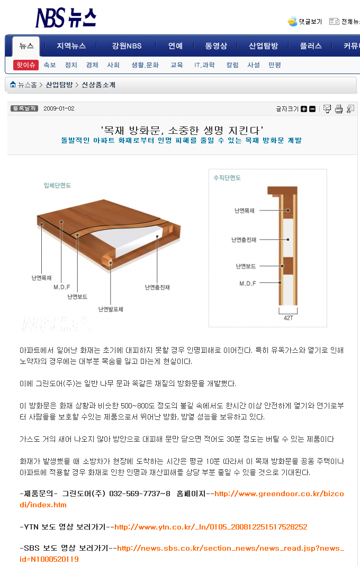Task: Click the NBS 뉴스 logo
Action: click(x=66, y=17)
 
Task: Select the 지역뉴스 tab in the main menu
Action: click(x=71, y=46)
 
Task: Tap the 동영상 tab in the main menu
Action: click(x=216, y=46)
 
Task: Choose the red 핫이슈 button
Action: click(x=25, y=65)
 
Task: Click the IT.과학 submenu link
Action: click(x=204, y=65)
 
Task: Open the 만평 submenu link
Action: click(x=275, y=65)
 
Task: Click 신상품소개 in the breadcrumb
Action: click(x=98, y=85)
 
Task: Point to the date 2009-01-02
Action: click(x=59, y=108)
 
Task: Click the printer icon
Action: click(x=339, y=108)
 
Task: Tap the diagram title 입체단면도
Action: click(x=58, y=186)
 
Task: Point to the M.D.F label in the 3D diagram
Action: click(x=62, y=287)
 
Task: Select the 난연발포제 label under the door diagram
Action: click(x=111, y=309)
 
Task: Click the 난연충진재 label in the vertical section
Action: click(x=244, y=240)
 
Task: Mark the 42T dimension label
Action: click(x=289, y=318)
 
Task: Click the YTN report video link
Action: click(x=211, y=527)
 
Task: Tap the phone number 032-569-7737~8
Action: click(x=140, y=494)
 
